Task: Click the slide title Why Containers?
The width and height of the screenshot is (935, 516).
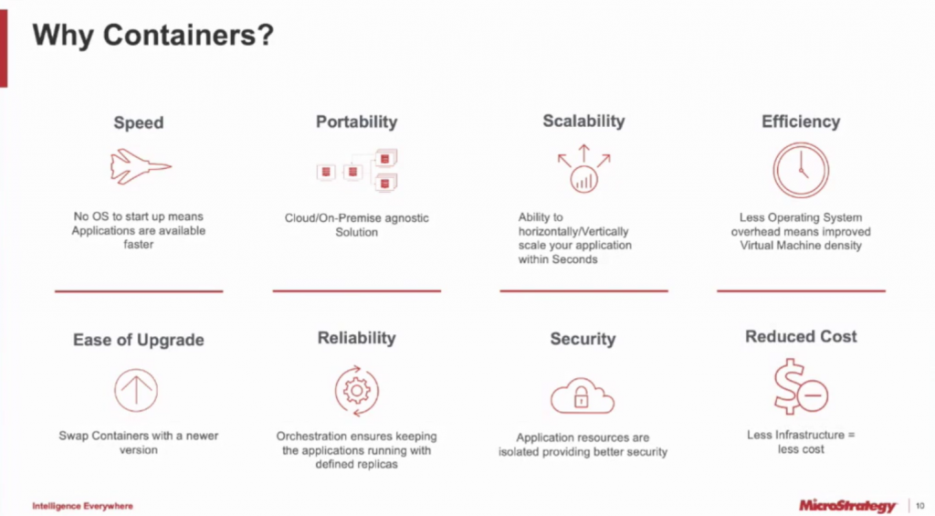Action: click(x=152, y=35)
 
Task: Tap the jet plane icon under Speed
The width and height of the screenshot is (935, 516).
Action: click(x=141, y=166)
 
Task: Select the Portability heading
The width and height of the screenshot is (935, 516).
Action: click(x=357, y=121)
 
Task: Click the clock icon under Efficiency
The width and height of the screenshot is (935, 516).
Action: click(x=801, y=170)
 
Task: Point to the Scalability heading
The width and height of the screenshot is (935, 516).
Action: click(x=583, y=121)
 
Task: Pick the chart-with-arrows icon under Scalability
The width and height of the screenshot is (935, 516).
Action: click(x=583, y=169)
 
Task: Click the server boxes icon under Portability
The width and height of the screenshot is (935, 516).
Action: click(x=357, y=170)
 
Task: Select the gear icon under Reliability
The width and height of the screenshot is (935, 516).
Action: click(x=357, y=391)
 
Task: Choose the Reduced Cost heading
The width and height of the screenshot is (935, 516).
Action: click(x=801, y=336)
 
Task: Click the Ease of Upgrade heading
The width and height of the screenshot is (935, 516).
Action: click(x=139, y=340)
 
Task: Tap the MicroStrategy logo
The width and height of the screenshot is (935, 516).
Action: click(x=847, y=506)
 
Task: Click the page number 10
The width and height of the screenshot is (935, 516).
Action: click(x=920, y=506)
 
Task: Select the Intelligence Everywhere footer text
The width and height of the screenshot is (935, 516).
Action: click(x=83, y=506)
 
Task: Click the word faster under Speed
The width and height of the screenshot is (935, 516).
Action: click(x=139, y=245)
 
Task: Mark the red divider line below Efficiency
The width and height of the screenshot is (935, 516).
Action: click(x=801, y=290)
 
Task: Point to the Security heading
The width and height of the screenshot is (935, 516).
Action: click(x=583, y=339)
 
